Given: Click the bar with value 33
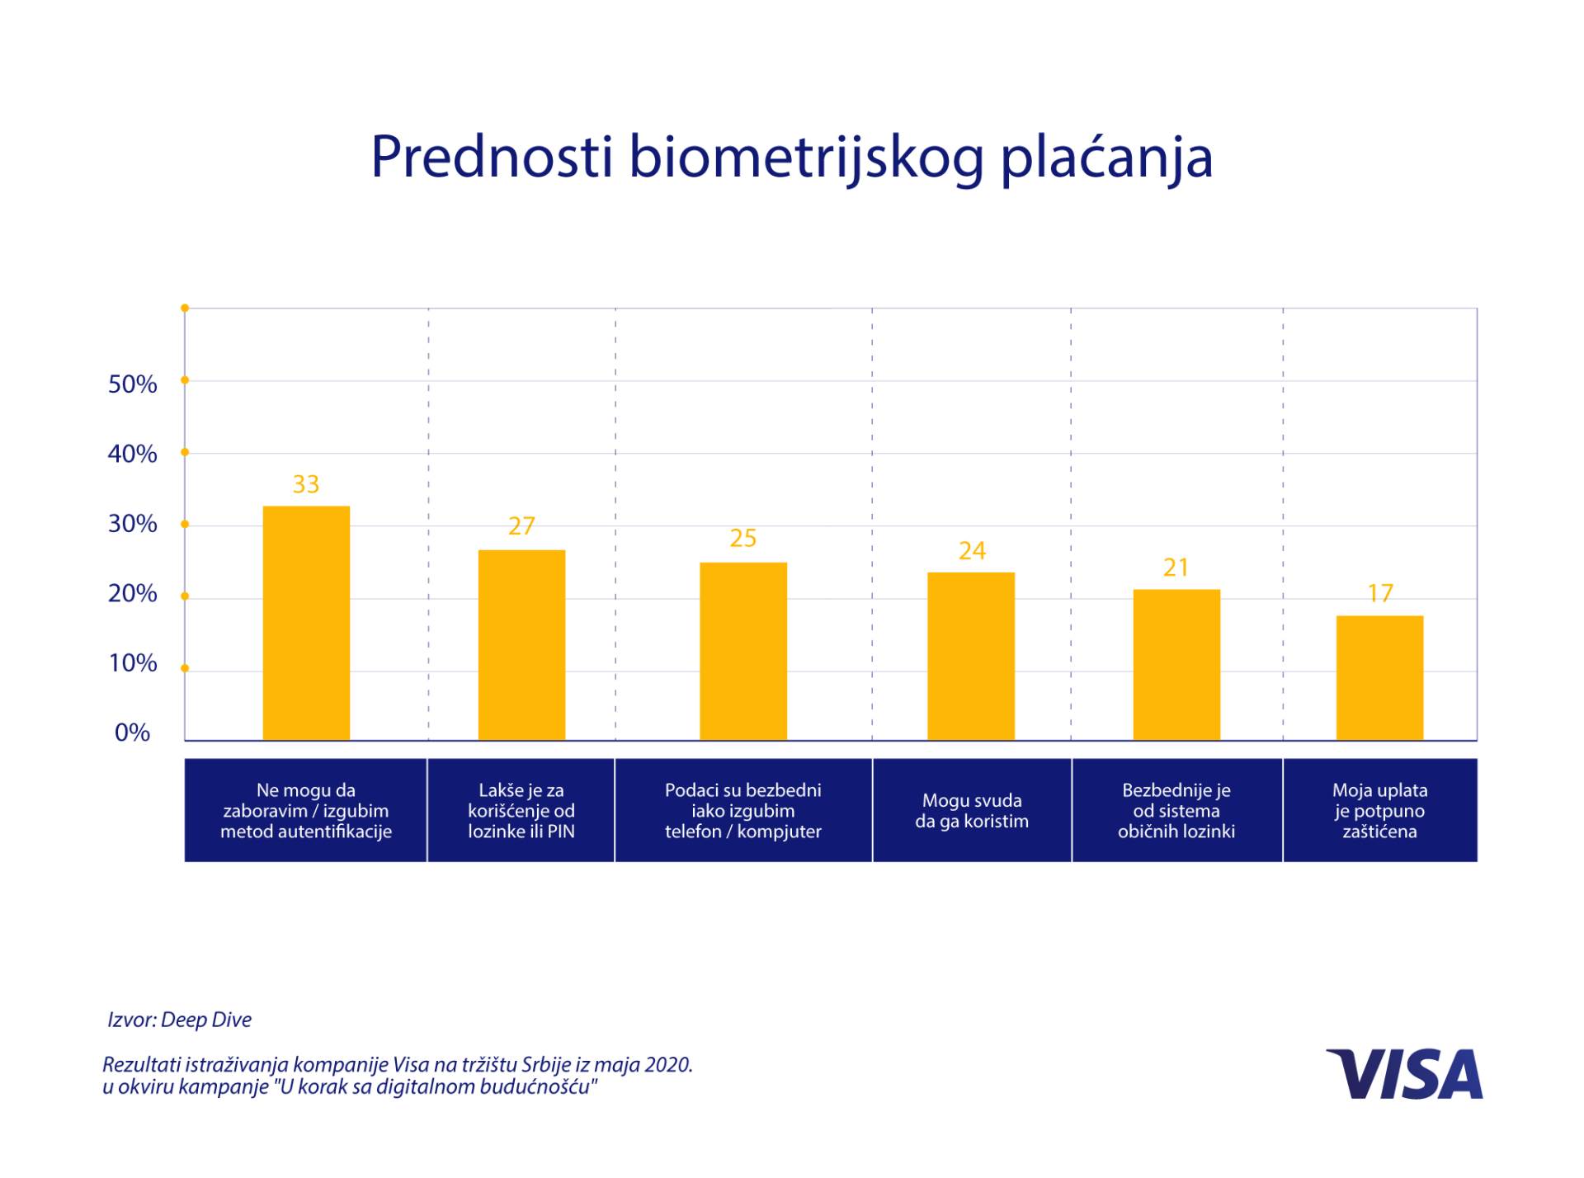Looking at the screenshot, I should (x=306, y=623).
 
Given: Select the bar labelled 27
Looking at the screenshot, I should (x=521, y=644).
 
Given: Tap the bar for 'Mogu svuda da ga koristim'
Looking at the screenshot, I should (x=971, y=656).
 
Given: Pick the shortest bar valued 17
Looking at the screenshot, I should (x=1379, y=677).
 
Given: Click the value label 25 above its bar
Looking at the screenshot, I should (x=742, y=539).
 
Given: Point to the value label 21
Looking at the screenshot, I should (x=1176, y=568).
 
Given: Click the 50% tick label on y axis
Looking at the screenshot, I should (x=132, y=384).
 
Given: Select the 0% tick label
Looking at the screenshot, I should (x=132, y=733).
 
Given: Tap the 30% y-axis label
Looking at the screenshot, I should (x=132, y=524).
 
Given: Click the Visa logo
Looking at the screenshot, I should (x=1404, y=1074).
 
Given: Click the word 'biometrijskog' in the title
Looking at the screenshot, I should (x=806, y=157).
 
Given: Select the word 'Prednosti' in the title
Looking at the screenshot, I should (x=491, y=157).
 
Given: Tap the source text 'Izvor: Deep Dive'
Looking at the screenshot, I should (x=179, y=1020).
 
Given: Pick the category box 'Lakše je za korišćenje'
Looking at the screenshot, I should (x=521, y=810).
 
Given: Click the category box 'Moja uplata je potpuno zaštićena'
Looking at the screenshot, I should (x=1379, y=810).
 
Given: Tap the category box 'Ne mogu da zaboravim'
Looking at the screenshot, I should (x=306, y=810).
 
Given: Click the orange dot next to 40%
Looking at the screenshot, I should (x=185, y=452).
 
